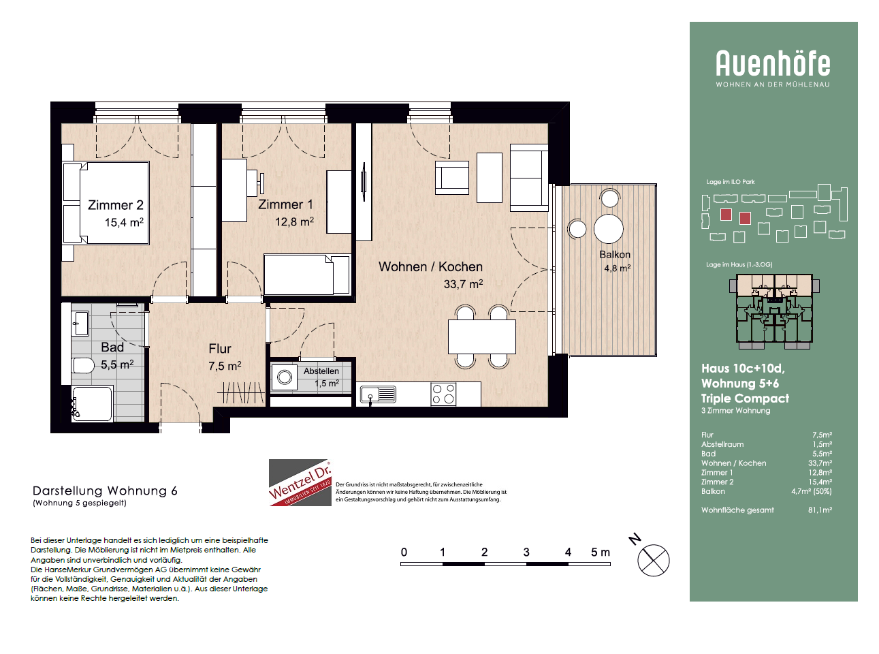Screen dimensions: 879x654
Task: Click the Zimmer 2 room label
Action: (115, 205)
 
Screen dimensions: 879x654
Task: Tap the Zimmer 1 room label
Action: (285, 204)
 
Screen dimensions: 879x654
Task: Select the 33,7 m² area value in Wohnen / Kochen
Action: (463, 284)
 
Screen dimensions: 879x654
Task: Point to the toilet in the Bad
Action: (83, 366)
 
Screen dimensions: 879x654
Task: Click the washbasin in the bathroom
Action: (80, 323)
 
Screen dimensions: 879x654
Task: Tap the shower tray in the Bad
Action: (93, 403)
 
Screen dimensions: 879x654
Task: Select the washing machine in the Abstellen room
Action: (284, 377)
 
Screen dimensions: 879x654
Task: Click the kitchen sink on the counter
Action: (378, 394)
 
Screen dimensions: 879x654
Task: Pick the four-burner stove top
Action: (443, 394)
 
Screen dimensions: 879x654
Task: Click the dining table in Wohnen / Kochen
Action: (481, 337)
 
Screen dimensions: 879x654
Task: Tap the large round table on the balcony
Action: (608, 229)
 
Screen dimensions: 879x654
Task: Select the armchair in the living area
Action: (452, 177)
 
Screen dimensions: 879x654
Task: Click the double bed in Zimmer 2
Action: (106, 202)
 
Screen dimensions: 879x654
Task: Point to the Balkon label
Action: (615, 254)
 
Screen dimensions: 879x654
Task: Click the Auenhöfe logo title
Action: (773, 63)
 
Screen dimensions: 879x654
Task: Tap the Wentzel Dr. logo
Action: (300, 482)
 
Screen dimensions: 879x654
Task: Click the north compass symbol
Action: (653, 560)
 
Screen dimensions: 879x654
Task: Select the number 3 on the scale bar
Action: (526, 552)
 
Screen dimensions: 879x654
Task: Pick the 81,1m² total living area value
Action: (820, 510)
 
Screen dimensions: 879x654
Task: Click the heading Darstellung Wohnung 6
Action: (105, 490)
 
